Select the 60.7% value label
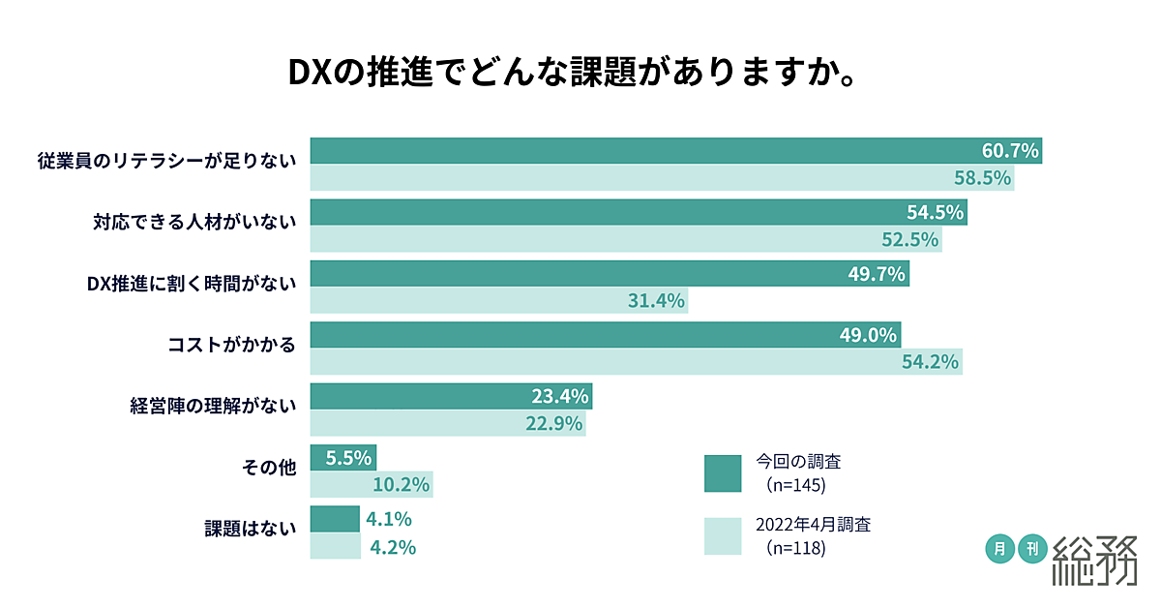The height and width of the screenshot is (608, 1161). [x=1010, y=151]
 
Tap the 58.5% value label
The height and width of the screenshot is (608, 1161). [x=982, y=178]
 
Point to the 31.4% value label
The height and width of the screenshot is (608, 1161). [x=657, y=301]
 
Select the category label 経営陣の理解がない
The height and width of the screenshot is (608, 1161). [x=212, y=406]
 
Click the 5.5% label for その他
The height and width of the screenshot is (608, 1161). [x=344, y=457]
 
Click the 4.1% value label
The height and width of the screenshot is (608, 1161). [x=390, y=519]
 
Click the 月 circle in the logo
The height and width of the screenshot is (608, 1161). [x=999, y=549]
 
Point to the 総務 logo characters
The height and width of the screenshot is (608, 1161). [x=1094, y=559]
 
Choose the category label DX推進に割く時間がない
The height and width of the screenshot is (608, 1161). [x=191, y=283]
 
